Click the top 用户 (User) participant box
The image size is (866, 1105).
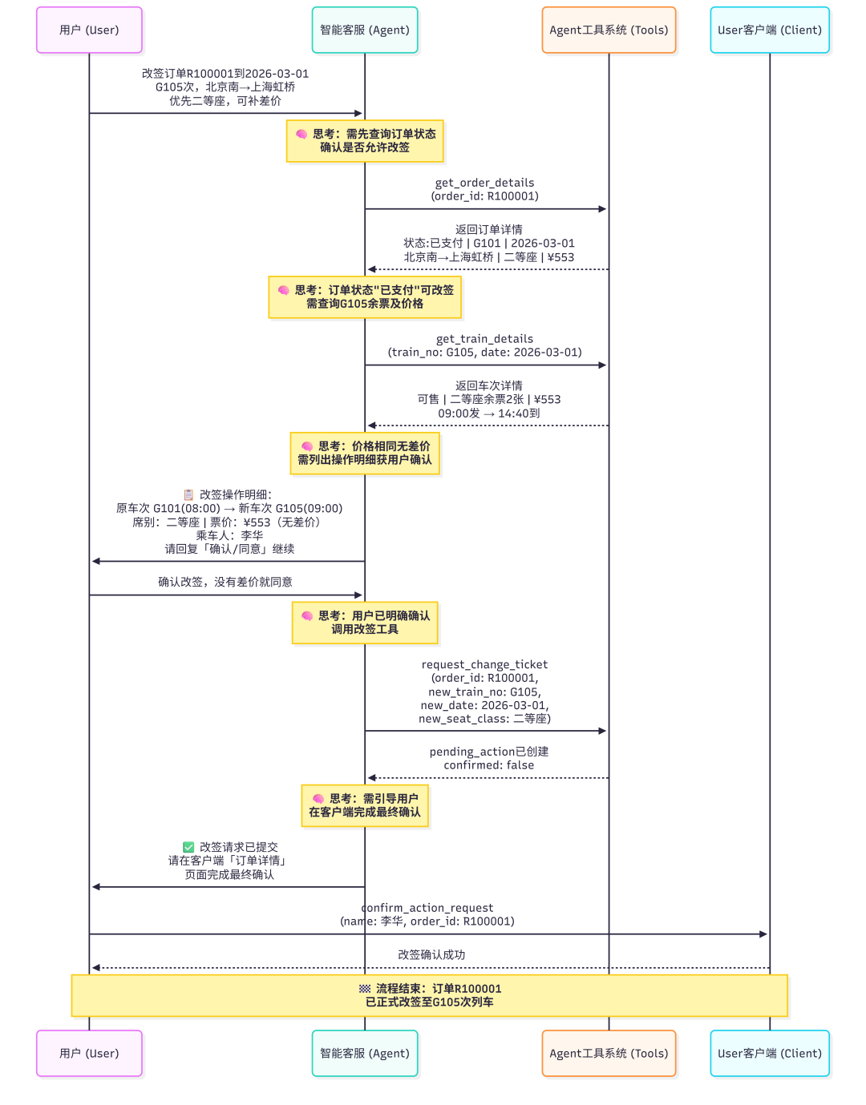coord(89,30)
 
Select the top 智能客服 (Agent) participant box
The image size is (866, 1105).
coord(365,30)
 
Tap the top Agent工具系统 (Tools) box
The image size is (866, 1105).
coord(609,30)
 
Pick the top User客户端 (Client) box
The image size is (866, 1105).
coord(769,30)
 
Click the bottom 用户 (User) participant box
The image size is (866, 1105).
coord(89,1053)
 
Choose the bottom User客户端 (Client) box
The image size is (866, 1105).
coord(769,1053)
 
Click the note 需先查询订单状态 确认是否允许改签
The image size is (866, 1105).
coord(365,141)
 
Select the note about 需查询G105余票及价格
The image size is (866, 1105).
coord(365,297)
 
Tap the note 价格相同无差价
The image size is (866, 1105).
coord(365,453)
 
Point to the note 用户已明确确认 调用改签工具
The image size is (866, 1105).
coord(365,623)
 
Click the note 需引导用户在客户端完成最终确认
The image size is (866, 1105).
coord(365,805)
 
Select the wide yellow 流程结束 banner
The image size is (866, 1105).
coord(430,995)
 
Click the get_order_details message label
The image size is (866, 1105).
coord(484,189)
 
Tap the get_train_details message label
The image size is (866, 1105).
coord(484,345)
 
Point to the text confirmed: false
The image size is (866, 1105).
coord(488,765)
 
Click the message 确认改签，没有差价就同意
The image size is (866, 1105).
coord(225,582)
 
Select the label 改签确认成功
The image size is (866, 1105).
coord(431,954)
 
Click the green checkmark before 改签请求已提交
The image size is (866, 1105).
coord(188,847)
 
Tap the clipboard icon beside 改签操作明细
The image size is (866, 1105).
coord(188,494)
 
